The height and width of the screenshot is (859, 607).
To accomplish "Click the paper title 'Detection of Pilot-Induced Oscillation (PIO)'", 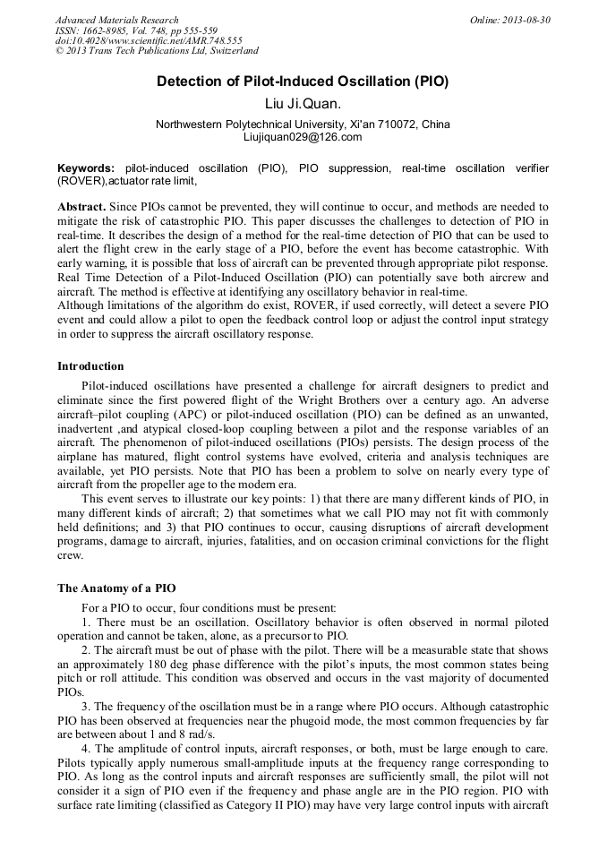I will (x=303, y=82).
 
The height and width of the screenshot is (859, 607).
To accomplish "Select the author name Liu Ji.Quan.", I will (x=303, y=104).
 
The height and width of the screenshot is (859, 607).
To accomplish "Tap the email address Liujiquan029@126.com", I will (x=303, y=137).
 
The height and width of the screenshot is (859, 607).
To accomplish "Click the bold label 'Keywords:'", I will (x=86, y=168).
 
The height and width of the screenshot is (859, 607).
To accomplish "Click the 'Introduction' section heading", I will (x=91, y=366).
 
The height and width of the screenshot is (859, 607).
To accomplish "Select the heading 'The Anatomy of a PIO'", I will (x=116, y=588).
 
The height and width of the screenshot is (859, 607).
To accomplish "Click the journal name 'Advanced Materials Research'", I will (x=117, y=20).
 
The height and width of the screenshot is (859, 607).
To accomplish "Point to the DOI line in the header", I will (x=149, y=40).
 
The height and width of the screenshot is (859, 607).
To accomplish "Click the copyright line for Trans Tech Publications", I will (x=157, y=51).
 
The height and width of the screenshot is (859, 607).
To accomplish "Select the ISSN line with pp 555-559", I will (x=136, y=30).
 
